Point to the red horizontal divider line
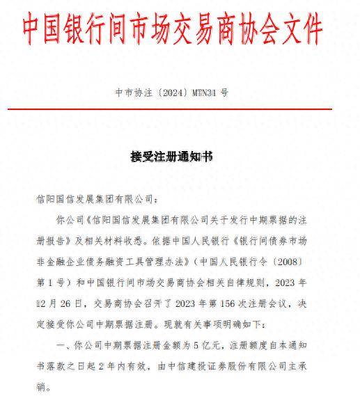click(x=180, y=109)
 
